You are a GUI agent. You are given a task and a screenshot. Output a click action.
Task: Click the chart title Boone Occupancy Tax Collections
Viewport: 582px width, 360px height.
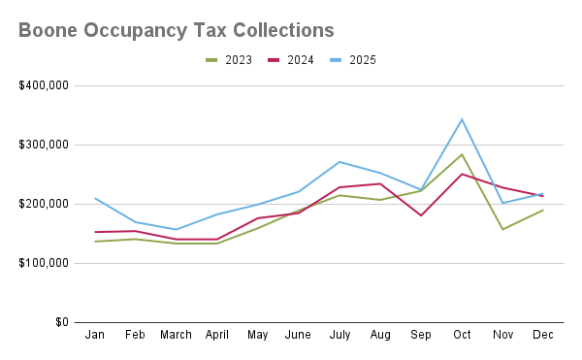pyautogui.click(x=176, y=30)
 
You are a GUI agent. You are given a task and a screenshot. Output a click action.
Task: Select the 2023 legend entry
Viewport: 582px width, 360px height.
pyautogui.click(x=229, y=60)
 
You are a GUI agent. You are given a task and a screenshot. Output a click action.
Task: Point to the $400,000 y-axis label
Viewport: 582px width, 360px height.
pyautogui.click(x=44, y=85)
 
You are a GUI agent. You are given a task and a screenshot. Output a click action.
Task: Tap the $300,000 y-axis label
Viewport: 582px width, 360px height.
pyautogui.click(x=44, y=145)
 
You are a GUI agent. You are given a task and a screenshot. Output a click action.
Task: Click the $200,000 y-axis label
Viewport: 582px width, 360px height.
pyautogui.click(x=44, y=204)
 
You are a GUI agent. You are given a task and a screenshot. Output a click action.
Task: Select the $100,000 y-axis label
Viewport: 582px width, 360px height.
pyautogui.click(x=44, y=263)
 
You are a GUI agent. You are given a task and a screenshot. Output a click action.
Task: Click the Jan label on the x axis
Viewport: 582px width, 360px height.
pyautogui.click(x=95, y=336)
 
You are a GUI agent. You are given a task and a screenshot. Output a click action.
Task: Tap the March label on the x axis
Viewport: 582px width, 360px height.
pyautogui.click(x=177, y=336)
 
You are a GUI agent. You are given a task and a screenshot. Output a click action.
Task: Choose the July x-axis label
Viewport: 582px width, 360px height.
pyautogui.click(x=339, y=336)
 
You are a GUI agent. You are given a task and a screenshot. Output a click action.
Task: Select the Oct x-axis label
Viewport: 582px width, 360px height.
pyautogui.click(x=462, y=336)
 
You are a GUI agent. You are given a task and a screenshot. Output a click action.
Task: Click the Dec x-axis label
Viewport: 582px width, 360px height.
pyautogui.click(x=543, y=336)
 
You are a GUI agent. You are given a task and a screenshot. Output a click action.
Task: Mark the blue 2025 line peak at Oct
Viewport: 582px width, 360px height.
pyautogui.click(x=462, y=119)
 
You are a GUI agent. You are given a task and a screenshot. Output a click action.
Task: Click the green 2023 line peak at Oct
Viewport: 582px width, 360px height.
pyautogui.click(x=462, y=154)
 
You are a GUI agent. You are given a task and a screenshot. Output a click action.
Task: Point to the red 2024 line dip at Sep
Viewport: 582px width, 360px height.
pyautogui.click(x=421, y=215)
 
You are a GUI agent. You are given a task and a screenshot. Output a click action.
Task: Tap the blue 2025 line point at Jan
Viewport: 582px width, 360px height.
pyautogui.click(x=95, y=198)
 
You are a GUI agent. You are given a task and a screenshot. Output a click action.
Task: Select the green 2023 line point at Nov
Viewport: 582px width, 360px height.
pyautogui.click(x=502, y=229)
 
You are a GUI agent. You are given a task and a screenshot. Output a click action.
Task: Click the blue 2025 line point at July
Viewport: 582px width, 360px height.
pyautogui.click(x=339, y=162)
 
